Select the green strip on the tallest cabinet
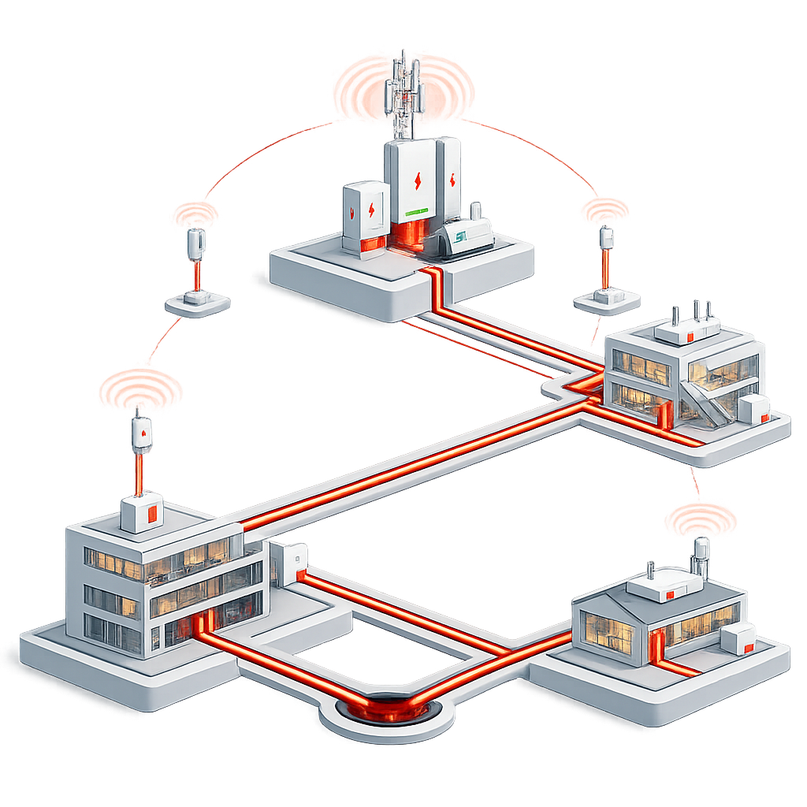[415, 211]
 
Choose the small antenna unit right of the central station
[606, 238]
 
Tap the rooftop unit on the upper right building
[688, 330]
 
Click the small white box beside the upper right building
[754, 409]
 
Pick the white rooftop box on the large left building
[142, 512]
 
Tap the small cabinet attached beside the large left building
[288, 562]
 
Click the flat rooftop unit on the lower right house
[663, 584]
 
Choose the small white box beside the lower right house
[738, 638]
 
